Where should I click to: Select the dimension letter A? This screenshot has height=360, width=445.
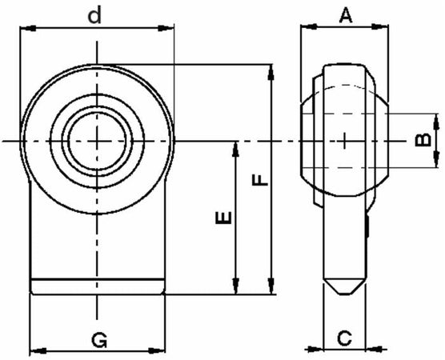345,14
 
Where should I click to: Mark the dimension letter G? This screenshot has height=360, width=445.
98,341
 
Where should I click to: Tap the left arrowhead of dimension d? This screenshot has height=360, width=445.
26,29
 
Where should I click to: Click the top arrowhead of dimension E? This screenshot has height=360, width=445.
235,147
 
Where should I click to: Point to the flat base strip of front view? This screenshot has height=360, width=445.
97,285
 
